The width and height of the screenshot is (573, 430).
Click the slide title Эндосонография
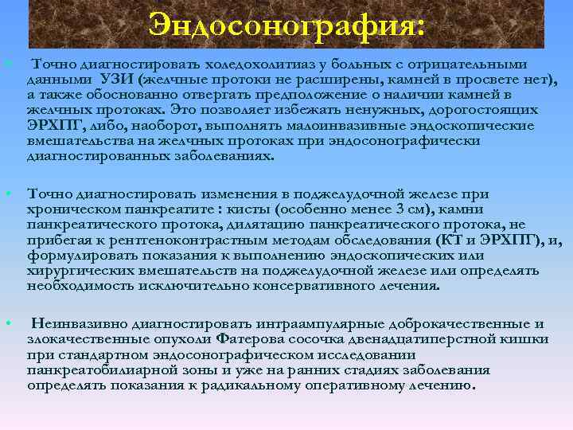tap(286, 25)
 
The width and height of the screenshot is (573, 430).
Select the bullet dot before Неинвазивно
tap(6, 322)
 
